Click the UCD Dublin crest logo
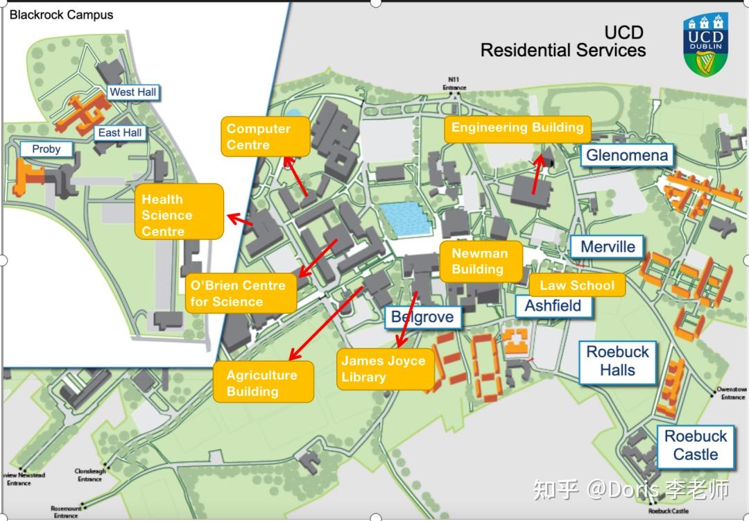click(706, 44)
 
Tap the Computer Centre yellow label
click(258, 137)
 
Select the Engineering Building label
click(517, 128)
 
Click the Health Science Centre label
click(180, 215)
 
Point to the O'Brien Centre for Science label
click(240, 293)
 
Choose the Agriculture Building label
click(263, 383)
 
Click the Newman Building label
click(480, 262)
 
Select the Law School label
click(577, 285)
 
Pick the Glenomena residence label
click(627, 155)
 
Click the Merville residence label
click(608, 247)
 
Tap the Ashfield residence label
click(553, 306)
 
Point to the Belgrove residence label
click(422, 318)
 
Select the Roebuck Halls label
click(617, 361)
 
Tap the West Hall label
click(133, 92)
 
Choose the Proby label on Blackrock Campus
click(46, 148)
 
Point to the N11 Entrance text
click(455, 84)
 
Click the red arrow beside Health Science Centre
click(240, 219)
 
